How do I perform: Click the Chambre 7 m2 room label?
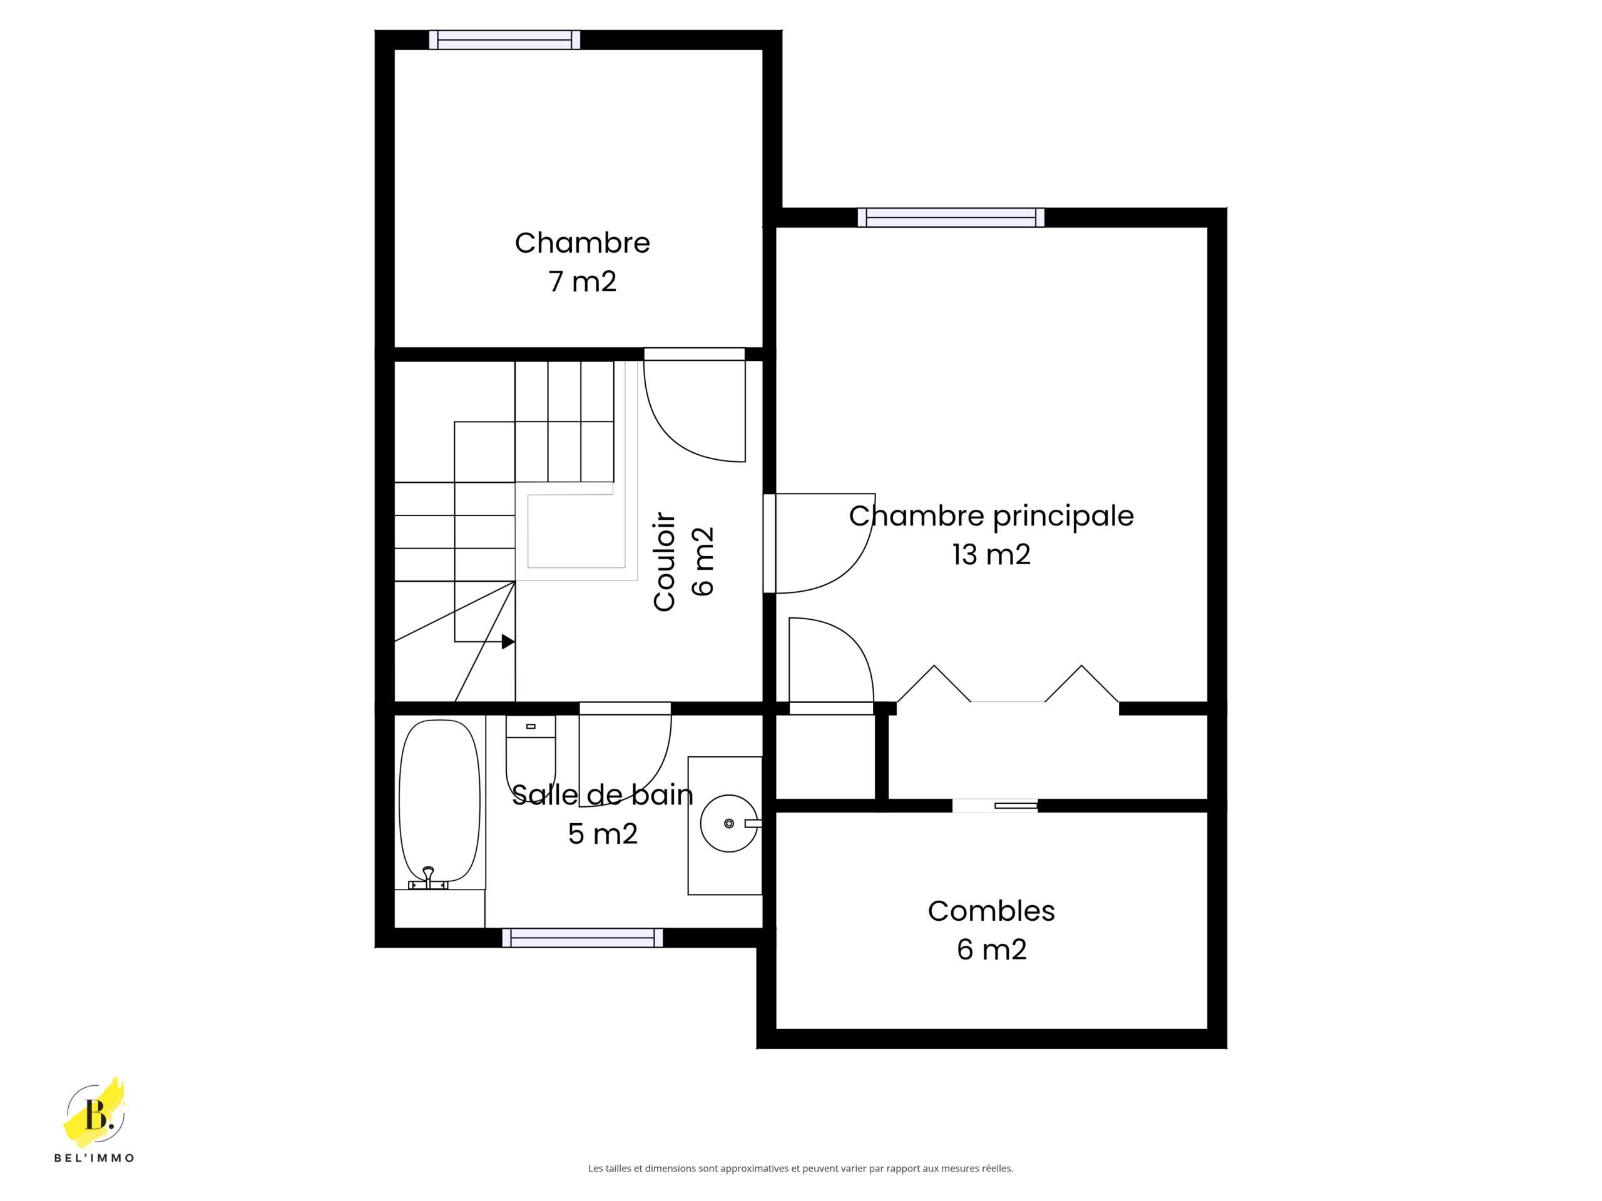tap(582, 262)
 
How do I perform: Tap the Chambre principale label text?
tap(991, 516)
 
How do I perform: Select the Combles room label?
tap(991, 930)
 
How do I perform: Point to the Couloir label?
tap(664, 562)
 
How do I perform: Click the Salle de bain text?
tap(603, 795)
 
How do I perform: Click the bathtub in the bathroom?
tap(439, 801)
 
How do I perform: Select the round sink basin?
tap(729, 823)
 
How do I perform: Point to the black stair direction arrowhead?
tap(508, 641)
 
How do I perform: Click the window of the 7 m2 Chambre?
tap(505, 40)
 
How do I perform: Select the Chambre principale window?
tap(951, 217)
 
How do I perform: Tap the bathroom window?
tap(582, 938)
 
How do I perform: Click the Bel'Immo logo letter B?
tap(96, 1114)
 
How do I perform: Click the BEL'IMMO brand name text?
tap(94, 1158)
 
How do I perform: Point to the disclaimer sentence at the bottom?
tap(801, 1168)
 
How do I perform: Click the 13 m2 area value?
tap(991, 555)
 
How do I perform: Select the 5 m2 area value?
tap(603, 834)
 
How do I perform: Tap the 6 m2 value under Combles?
tap(991, 950)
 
